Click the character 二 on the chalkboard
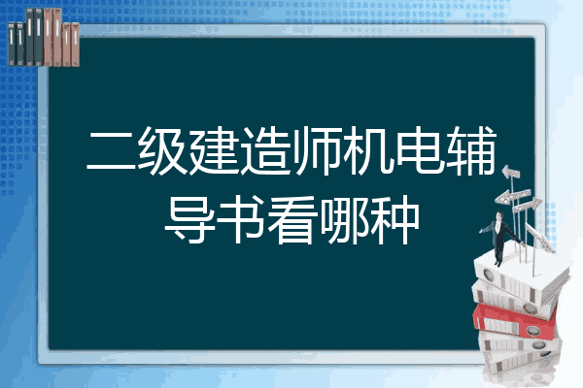[x=111, y=151]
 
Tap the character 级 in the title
[x=162, y=150]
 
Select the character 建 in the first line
[x=214, y=150]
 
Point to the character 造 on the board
[x=265, y=150]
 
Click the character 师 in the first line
[x=317, y=150]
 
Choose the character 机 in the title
[x=368, y=150]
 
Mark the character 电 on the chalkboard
[x=420, y=150]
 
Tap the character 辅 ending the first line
[x=471, y=150]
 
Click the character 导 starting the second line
[x=189, y=220]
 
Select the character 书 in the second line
[x=240, y=220]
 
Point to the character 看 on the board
[x=291, y=220]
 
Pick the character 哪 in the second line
[x=343, y=220]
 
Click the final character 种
[x=394, y=220]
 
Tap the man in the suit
[x=499, y=238]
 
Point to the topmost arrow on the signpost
[x=511, y=172]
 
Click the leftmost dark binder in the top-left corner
[x=12, y=45]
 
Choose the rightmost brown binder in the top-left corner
[x=75, y=45]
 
